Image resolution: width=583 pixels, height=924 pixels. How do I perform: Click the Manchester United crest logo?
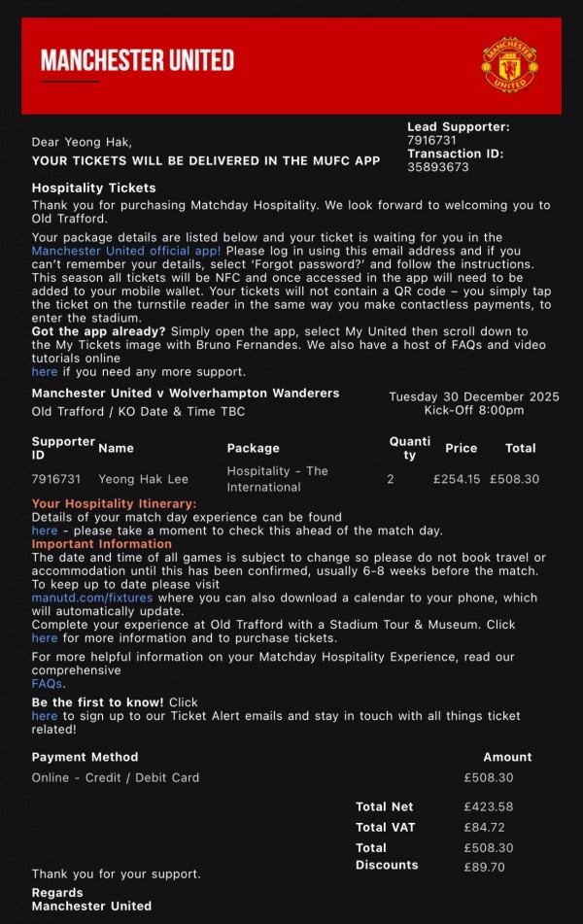pyautogui.click(x=510, y=65)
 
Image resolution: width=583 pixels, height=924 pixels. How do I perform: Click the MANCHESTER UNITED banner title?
pyautogui.click(x=137, y=61)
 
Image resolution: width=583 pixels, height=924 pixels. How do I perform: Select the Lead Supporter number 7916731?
pyautogui.click(x=431, y=141)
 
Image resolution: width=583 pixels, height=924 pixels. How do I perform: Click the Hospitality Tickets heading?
pyautogui.click(x=93, y=188)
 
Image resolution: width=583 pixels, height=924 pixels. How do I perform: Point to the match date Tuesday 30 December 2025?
pyautogui.click(x=474, y=396)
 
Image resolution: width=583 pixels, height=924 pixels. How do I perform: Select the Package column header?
pyautogui.click(x=253, y=448)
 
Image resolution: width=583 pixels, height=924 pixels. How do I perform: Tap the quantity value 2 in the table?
pyautogui.click(x=391, y=479)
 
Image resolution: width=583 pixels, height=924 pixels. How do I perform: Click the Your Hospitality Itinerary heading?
pyautogui.click(x=114, y=503)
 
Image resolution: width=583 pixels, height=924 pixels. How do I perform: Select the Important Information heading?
pyautogui.click(x=101, y=544)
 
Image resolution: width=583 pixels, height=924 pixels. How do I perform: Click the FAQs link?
pyautogui.click(x=47, y=684)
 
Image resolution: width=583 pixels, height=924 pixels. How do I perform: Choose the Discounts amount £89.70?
pyautogui.click(x=485, y=868)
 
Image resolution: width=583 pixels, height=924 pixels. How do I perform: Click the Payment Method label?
pyautogui.click(x=85, y=757)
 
